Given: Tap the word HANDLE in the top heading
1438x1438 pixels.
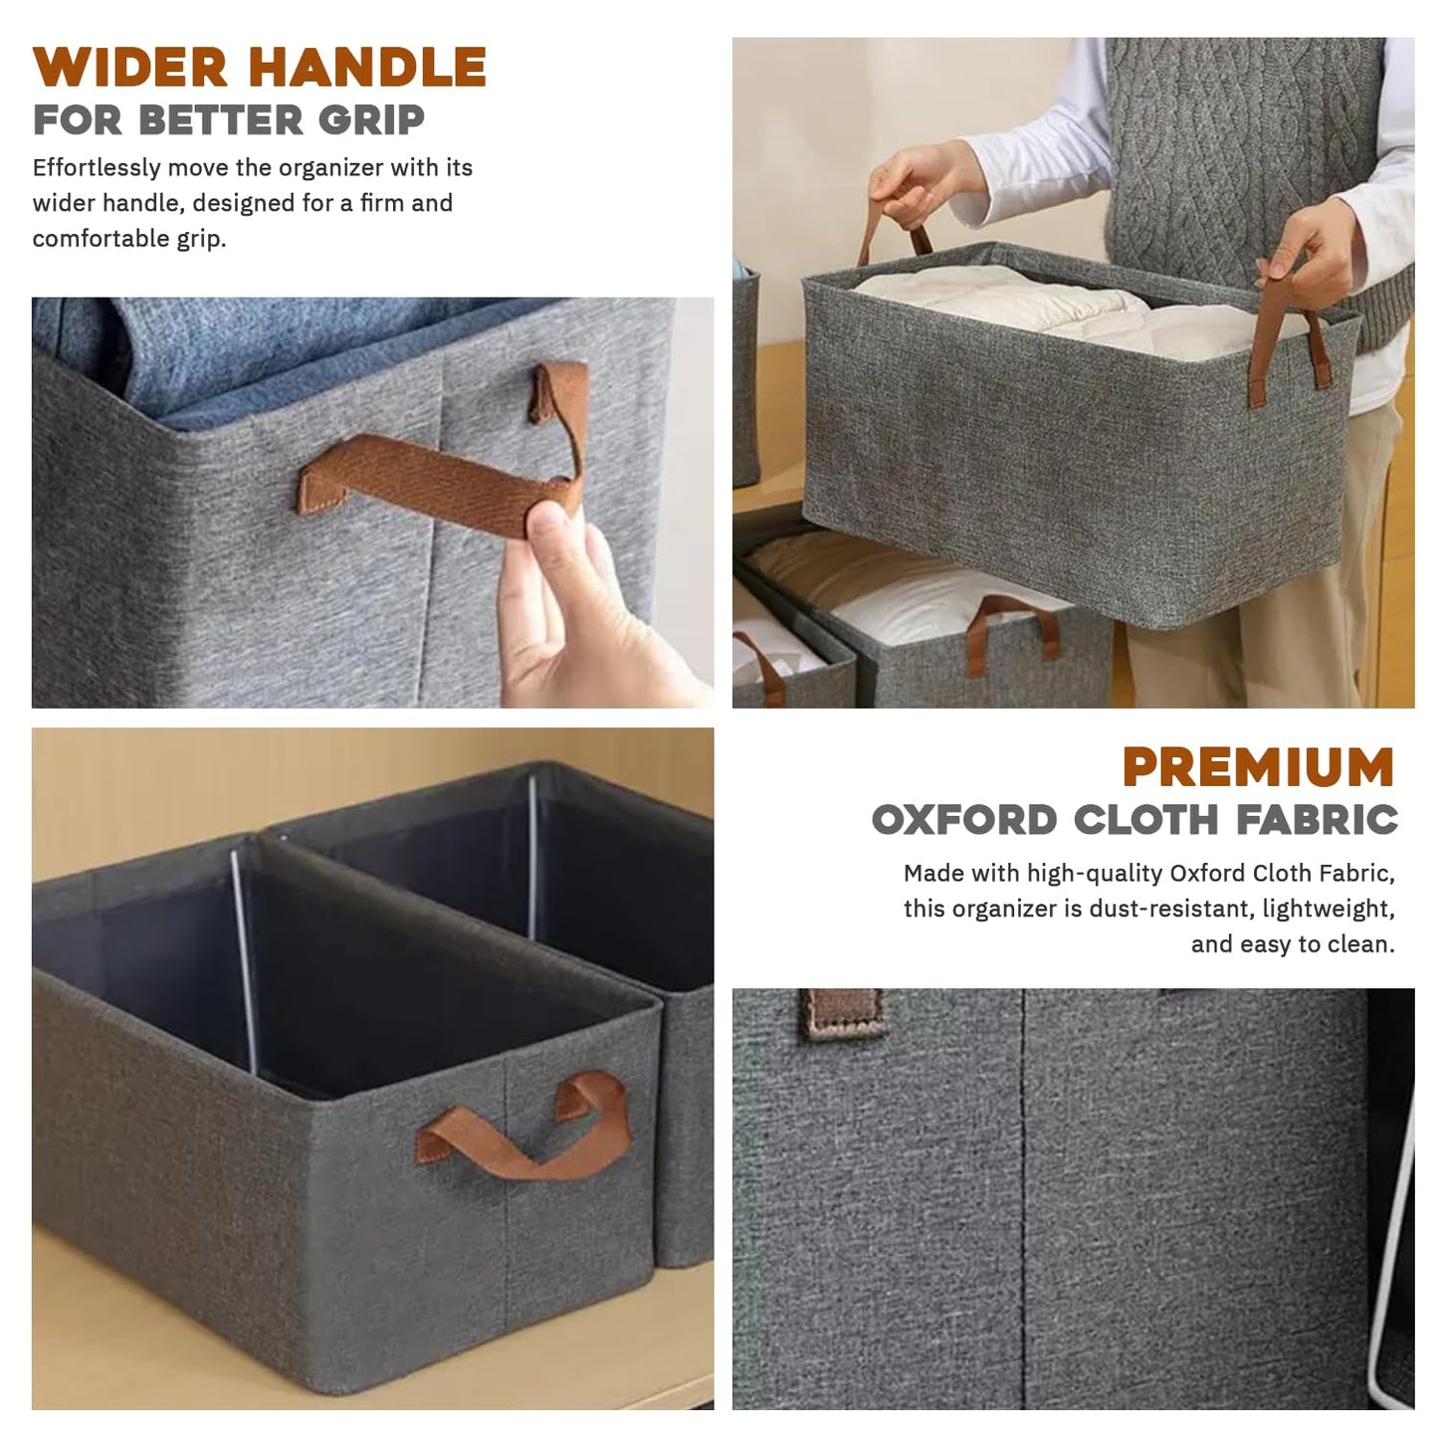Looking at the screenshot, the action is point(368,67).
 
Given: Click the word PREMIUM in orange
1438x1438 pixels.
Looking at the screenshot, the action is point(1258,766).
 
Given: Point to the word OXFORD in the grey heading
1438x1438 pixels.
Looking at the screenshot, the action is point(964,819).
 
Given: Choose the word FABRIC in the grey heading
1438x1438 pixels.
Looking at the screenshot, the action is point(1317,819).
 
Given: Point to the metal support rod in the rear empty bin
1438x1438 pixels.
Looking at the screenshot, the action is point(532,858).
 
